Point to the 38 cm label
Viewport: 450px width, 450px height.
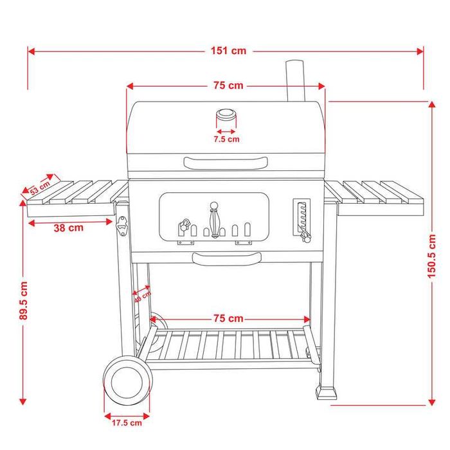point(68,227)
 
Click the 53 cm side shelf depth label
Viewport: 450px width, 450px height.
point(40,187)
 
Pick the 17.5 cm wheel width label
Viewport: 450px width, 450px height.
point(126,422)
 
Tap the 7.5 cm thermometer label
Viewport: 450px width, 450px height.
point(226,138)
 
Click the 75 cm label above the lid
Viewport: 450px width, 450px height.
point(228,85)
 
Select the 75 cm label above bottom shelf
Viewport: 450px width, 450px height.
point(228,318)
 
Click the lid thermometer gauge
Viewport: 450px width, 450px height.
point(226,116)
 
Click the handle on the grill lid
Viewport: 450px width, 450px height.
point(225,161)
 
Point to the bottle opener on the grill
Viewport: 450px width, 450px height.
point(122,225)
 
